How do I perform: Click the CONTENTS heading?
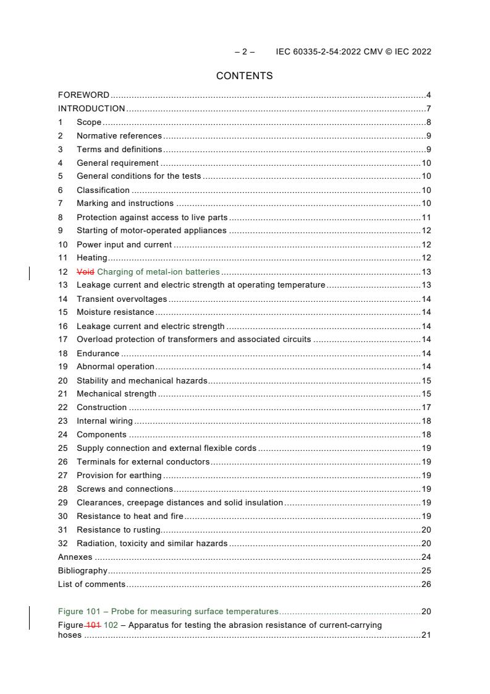tap(244, 76)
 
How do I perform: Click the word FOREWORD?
tap(83, 95)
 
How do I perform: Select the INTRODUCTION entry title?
tap(91, 109)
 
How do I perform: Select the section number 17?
tap(62, 340)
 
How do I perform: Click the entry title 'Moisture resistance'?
tap(115, 312)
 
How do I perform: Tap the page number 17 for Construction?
tap(426, 408)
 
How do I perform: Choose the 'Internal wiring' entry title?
tap(104, 421)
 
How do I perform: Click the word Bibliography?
tap(82, 571)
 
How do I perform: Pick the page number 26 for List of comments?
tap(426, 585)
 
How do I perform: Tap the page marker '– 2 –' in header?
tap(245, 52)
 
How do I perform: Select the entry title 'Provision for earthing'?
tap(119, 476)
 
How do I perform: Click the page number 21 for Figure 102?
tap(426, 635)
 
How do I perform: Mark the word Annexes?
tap(75, 557)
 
